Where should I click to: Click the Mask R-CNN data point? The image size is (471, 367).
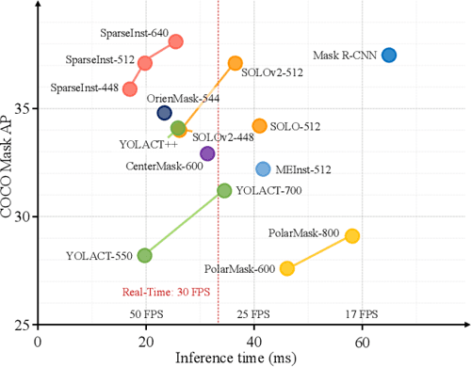coord(388,55)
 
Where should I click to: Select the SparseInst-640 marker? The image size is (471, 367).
coord(174,41)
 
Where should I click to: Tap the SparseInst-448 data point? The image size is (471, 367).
coord(130,88)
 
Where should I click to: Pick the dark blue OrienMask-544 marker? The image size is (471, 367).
coord(164,113)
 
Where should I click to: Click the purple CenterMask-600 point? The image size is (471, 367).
coord(207,153)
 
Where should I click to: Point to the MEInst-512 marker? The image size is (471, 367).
coord(263,169)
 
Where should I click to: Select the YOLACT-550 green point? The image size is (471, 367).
coord(144,255)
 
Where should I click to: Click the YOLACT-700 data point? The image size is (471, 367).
coord(224,191)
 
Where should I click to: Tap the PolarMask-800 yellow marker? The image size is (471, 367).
coord(352,235)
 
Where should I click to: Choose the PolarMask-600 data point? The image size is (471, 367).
coord(287,268)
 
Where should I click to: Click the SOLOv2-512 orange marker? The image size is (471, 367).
coord(235,63)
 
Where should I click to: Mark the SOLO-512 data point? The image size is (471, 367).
coord(259,125)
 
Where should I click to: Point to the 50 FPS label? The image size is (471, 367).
coord(143,313)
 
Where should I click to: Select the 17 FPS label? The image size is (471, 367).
coord(362,313)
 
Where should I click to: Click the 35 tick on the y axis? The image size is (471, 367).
coord(21,108)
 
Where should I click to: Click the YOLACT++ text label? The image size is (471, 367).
coord(148,144)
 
